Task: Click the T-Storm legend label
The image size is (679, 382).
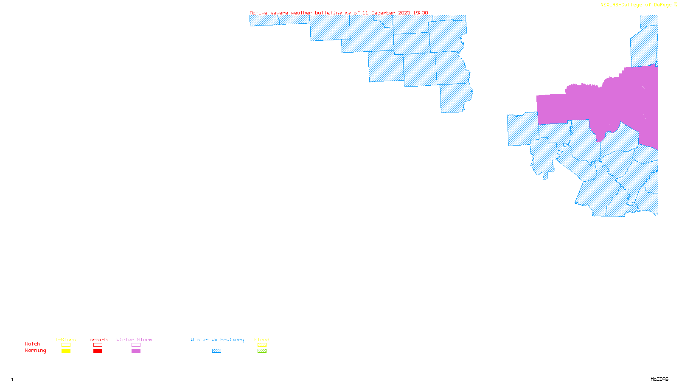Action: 65,340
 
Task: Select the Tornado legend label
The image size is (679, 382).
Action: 97,340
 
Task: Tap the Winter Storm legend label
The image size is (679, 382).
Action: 134,340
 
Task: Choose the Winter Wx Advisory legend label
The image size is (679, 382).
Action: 217,340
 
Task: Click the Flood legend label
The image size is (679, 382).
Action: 262,340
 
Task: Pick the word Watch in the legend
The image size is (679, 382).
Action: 33,344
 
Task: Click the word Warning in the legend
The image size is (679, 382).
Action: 35,351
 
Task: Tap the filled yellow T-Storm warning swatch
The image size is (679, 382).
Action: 66,351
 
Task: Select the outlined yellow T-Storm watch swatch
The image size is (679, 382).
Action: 66,345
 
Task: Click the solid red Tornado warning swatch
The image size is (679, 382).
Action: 98,351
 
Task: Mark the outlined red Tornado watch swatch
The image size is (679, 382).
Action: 98,345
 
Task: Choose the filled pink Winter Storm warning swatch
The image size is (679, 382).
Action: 136,351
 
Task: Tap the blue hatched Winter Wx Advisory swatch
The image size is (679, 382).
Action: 216,351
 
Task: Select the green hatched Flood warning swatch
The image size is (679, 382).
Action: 262,351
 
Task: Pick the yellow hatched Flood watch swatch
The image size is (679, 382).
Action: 262,345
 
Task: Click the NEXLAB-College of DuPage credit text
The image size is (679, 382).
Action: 636,5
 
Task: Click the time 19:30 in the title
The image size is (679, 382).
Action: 421,13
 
